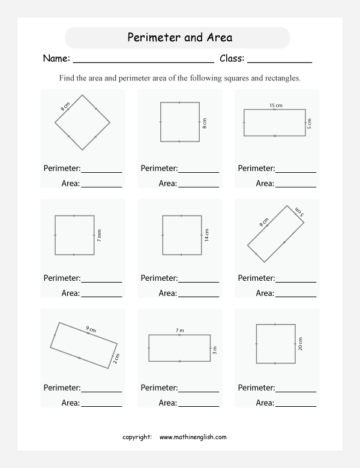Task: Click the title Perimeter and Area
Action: click(x=180, y=38)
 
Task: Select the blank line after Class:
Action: click(x=279, y=61)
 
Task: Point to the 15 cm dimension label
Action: click(x=275, y=106)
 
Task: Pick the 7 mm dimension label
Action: click(x=99, y=235)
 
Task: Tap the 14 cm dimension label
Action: click(x=206, y=235)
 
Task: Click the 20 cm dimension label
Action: click(x=300, y=343)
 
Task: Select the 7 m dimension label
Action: click(x=179, y=331)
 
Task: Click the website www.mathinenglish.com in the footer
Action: click(x=193, y=437)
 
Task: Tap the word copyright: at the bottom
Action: click(x=137, y=437)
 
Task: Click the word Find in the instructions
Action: click(x=67, y=79)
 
